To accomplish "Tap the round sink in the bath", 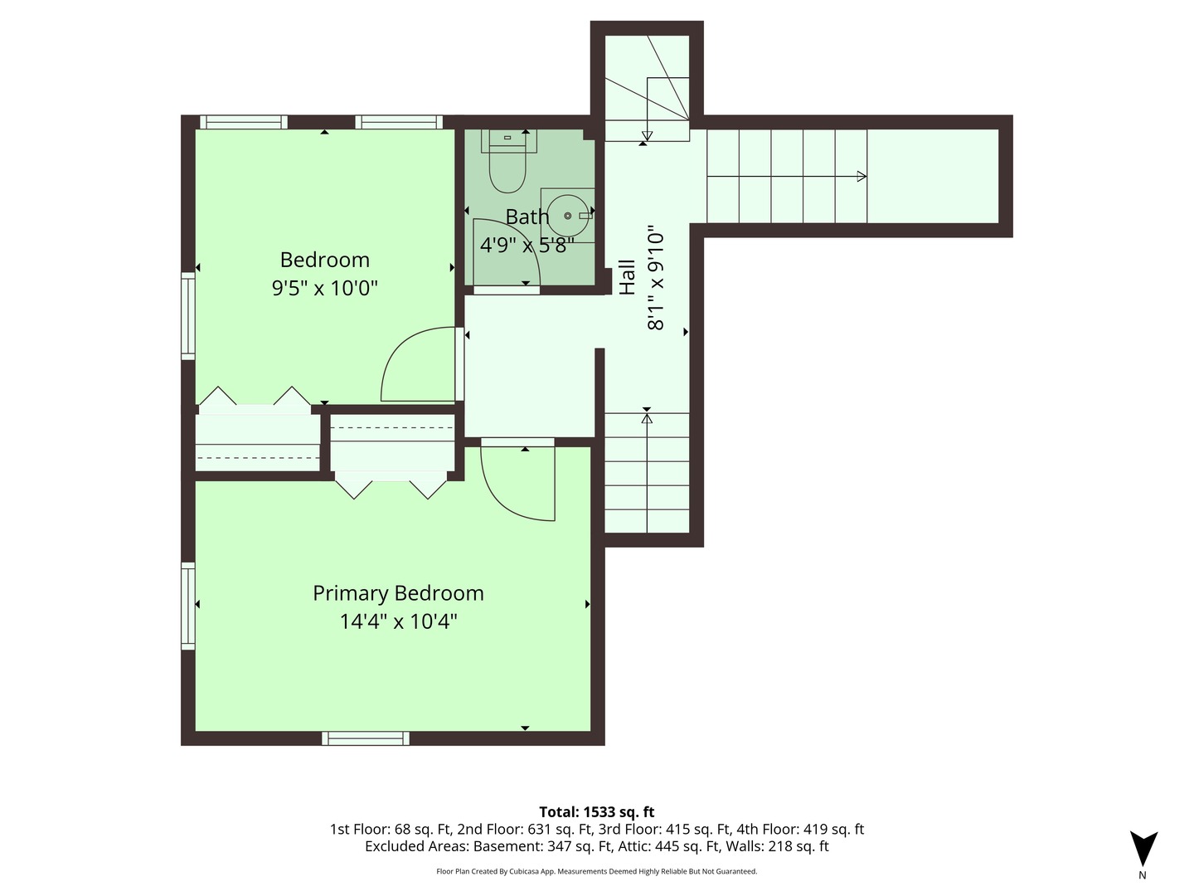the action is point(567,216).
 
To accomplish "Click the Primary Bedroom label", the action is point(398,593).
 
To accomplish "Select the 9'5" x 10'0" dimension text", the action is point(325,288).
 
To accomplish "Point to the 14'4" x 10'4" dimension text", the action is point(398,621).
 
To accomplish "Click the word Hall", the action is point(627,277).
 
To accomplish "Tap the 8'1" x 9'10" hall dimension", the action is point(656,278).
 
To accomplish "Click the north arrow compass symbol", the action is point(1143,848).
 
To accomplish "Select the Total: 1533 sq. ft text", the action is point(597,811).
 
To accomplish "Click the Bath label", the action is point(527,217).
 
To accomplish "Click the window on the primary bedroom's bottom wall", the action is point(366,738).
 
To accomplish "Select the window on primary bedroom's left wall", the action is point(188,606).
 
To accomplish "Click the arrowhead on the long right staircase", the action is point(862,176).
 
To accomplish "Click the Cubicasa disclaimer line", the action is point(597,871).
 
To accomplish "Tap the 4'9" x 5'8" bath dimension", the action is point(527,246).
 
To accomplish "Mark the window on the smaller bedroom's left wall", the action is point(188,315).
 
